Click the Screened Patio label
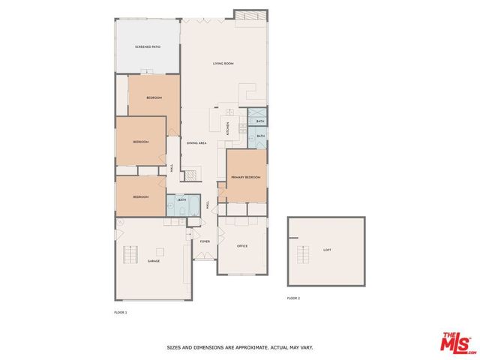tap(148, 46)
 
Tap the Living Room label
tap(223, 64)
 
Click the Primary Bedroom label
tap(245, 177)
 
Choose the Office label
tap(242, 246)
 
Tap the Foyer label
tap(205, 241)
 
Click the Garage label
tap(154, 261)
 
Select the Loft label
tap(327, 250)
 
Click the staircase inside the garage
tap(130, 256)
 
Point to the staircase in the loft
tap(303, 255)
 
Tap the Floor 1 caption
tap(120, 312)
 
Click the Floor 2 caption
tap(293, 298)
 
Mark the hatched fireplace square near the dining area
tap(193, 175)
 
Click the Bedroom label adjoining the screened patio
tap(154, 98)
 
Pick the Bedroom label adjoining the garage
tap(140, 196)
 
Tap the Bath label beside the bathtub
tap(182, 200)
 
